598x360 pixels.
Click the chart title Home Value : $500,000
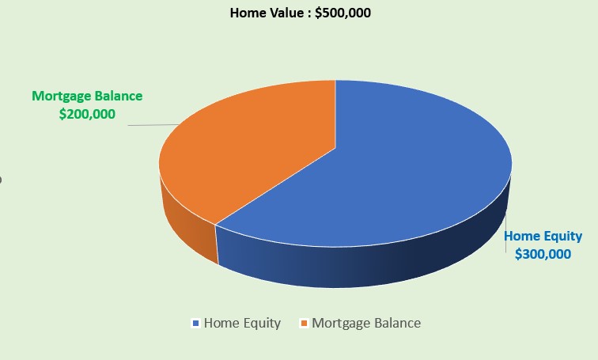click(x=300, y=13)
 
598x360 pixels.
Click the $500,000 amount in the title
click(x=343, y=13)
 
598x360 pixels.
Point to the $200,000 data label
click(x=87, y=114)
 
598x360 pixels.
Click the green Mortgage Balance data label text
click(x=87, y=96)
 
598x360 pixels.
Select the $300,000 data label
click(x=543, y=254)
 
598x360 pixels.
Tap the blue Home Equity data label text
click(x=543, y=236)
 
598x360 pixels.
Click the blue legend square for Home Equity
click(x=196, y=324)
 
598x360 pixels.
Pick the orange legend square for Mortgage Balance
click(x=304, y=324)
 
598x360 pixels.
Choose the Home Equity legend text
click(x=242, y=324)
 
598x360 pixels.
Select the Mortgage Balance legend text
click(x=366, y=324)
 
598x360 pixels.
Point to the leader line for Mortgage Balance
click(x=153, y=125)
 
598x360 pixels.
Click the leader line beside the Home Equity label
click(x=506, y=233)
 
